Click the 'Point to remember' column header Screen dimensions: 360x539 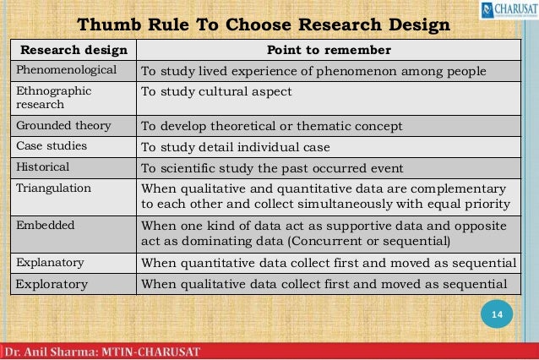(329, 49)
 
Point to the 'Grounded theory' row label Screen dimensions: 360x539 (63, 126)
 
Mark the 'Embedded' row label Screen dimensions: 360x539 (46, 226)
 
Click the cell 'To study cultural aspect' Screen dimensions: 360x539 (215, 90)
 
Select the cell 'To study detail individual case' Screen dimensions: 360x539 (236, 145)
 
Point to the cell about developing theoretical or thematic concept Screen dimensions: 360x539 (271, 126)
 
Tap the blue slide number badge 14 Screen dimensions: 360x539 (497, 315)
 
